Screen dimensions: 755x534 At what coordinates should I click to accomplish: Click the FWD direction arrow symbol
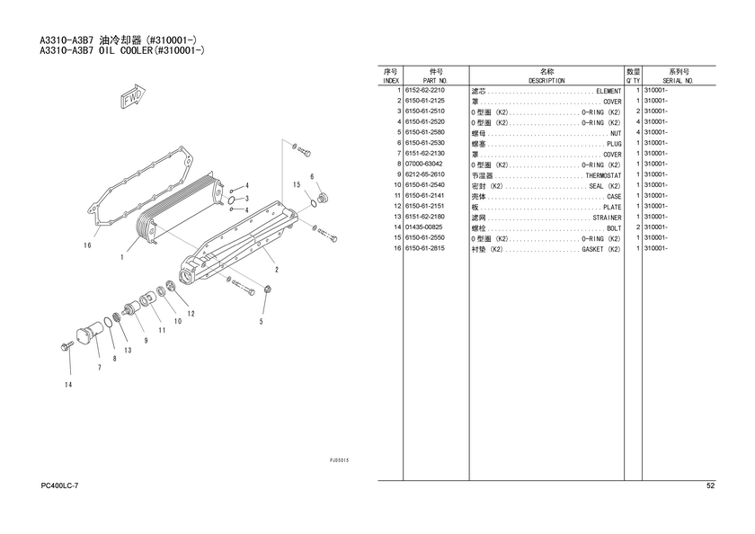point(132,96)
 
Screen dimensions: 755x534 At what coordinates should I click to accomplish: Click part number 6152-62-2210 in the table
point(424,90)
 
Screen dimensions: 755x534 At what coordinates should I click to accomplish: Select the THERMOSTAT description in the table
point(603,176)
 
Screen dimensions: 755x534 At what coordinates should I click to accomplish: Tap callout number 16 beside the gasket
point(87,245)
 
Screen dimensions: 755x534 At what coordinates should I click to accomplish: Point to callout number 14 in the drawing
point(68,385)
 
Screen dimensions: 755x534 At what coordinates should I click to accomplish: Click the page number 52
point(710,485)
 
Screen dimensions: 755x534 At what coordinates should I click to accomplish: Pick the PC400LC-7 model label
point(59,485)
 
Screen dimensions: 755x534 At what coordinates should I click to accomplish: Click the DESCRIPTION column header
point(546,81)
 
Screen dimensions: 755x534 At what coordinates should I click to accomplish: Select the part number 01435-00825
point(424,227)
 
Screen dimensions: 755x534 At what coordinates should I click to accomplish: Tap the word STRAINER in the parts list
point(608,218)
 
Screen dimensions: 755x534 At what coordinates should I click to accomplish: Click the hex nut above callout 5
point(267,289)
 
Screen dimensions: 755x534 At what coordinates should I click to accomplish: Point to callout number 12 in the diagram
point(191,314)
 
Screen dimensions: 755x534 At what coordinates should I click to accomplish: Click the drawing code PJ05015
point(339,460)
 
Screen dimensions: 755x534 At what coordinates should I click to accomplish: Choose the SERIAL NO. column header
point(678,81)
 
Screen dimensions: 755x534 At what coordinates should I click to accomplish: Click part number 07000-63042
point(423,164)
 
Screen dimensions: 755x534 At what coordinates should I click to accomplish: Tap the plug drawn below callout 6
point(323,198)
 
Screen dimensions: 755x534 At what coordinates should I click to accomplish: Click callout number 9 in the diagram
point(146,341)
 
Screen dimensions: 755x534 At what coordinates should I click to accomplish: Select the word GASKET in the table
point(592,249)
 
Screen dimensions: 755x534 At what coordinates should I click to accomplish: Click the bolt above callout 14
point(67,346)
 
